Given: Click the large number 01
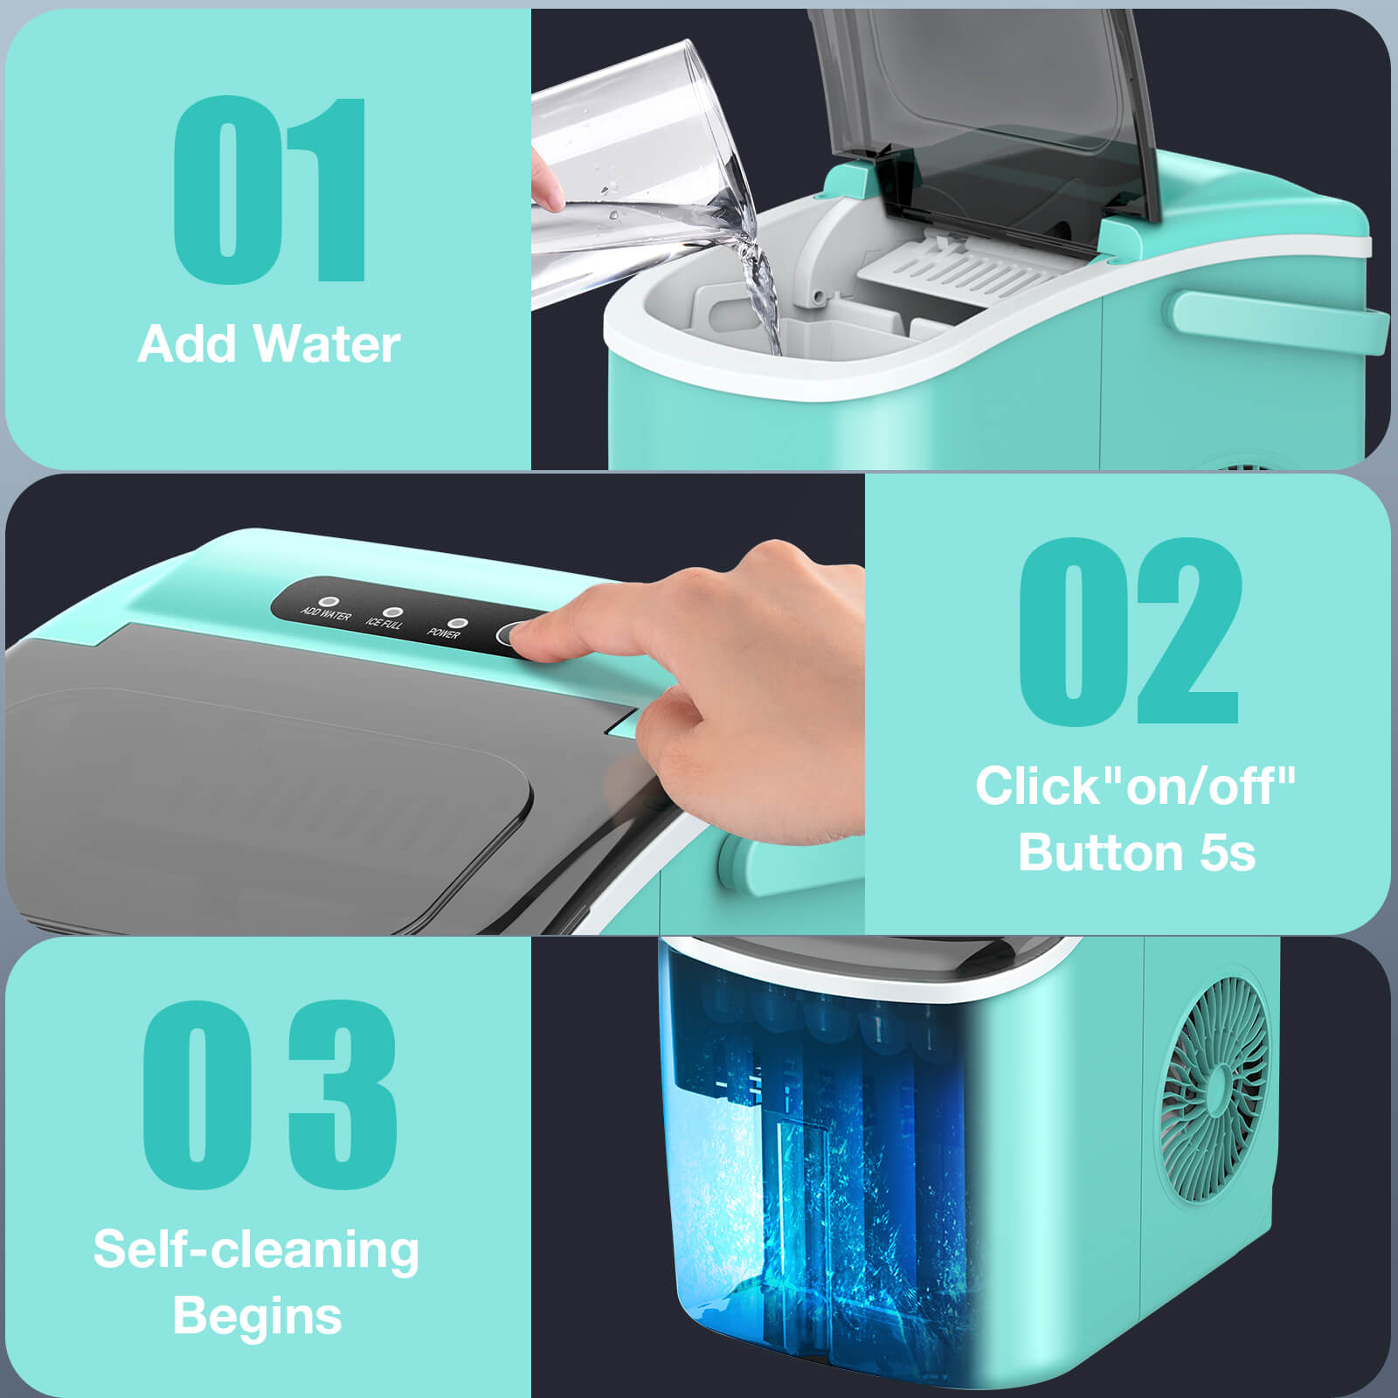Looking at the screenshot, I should point(269,190).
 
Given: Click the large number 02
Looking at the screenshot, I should point(1129,631).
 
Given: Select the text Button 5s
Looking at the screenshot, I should point(1136,852).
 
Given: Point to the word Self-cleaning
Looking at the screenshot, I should point(256,1249).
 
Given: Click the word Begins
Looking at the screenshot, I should point(257,1316).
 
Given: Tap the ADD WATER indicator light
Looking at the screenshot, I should point(329,602).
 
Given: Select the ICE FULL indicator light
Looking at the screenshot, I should point(391,612).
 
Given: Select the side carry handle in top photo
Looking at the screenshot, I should point(1276,318).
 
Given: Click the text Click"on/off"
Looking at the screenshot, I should point(1136,785).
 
